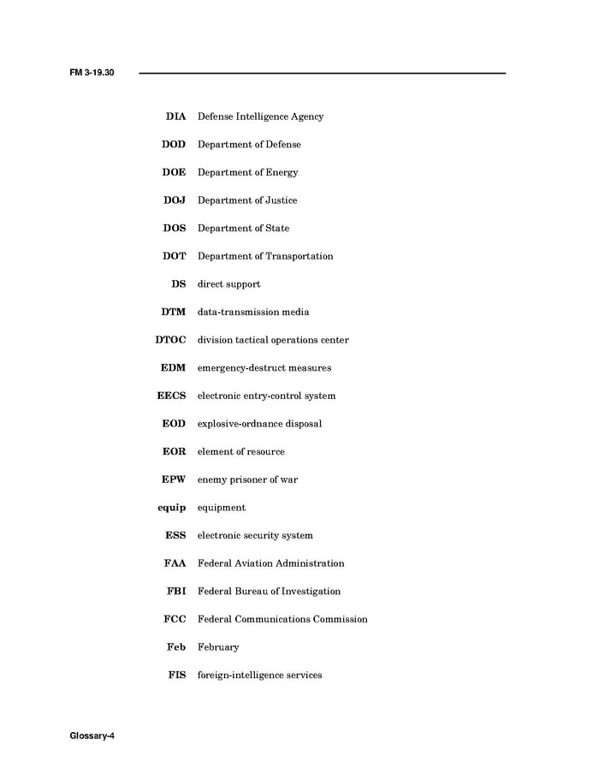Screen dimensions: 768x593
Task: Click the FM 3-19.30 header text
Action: [92, 73]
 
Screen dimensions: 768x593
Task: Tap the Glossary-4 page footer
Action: [92, 735]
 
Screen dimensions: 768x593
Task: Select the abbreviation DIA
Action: [175, 116]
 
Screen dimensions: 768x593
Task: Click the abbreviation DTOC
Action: [170, 340]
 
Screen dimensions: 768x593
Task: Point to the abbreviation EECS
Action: [171, 396]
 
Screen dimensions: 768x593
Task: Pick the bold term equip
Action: [171, 508]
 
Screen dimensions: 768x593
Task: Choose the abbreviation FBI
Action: [176, 591]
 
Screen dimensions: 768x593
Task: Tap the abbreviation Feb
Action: [176, 647]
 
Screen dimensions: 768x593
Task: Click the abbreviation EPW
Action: [174, 479]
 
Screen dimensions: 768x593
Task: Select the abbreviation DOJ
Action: [175, 200]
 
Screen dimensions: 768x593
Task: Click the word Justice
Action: [282, 200]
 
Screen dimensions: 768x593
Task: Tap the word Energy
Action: [282, 172]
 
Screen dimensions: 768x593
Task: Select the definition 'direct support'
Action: [228, 284]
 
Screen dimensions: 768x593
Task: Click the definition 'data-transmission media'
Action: [253, 313]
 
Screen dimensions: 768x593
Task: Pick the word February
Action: [218, 647]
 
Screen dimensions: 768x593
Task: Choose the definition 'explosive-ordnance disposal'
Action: [259, 424]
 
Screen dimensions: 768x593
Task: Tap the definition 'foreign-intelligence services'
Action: [259, 676]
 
